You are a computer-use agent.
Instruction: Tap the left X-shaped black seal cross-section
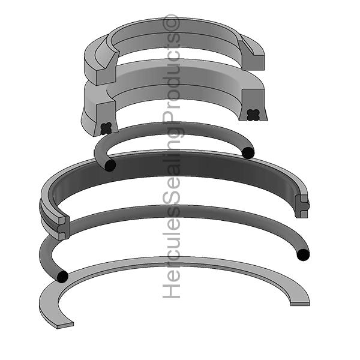click(x=106, y=128)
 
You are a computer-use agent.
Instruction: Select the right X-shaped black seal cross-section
click(x=253, y=115)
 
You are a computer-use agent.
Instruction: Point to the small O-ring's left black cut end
click(x=110, y=166)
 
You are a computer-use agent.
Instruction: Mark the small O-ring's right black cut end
click(x=248, y=152)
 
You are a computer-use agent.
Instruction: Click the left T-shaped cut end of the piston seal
click(x=63, y=228)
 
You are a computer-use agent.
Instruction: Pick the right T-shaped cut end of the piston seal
click(x=302, y=206)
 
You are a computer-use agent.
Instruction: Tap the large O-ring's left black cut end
click(x=62, y=277)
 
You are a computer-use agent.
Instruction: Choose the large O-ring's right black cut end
click(x=303, y=255)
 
